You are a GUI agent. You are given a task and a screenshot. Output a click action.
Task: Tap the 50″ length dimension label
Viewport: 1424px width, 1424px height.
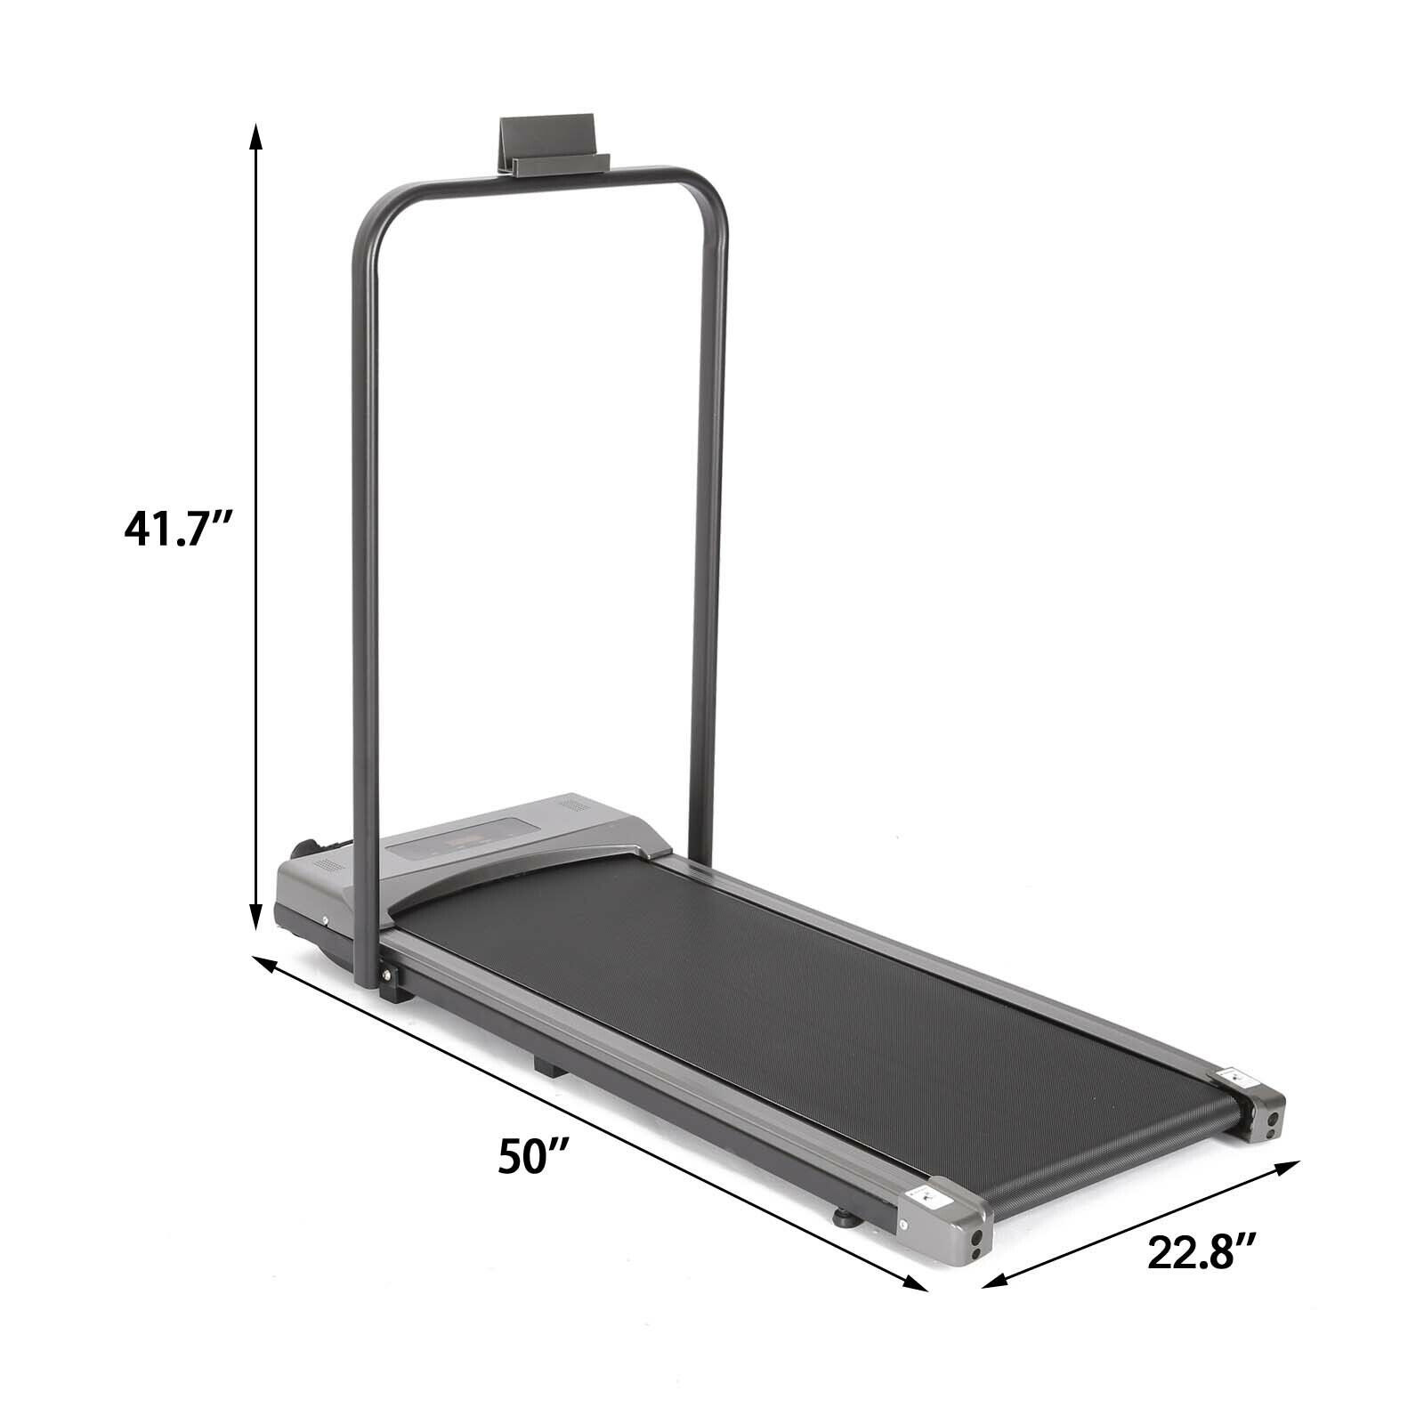click(533, 1157)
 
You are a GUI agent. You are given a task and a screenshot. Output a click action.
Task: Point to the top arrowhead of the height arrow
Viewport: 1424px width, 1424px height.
click(255, 136)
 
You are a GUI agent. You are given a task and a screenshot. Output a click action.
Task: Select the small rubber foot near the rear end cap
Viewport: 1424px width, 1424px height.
click(845, 1216)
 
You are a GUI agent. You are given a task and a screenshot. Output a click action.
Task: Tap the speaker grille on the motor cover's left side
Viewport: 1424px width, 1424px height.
click(330, 865)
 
